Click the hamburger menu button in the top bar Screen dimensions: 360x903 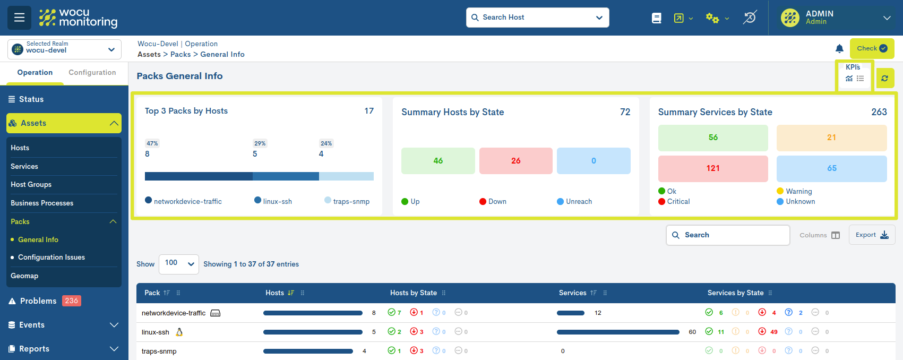coord(19,18)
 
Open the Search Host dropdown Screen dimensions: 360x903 coord(537,18)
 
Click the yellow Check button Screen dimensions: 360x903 coord(872,48)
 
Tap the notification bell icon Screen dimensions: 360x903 coord(839,49)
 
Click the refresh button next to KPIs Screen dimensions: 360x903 coord(884,78)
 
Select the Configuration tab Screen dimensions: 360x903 coord(92,73)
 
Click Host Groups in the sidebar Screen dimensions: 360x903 coord(31,185)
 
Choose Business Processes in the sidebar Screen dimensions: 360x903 coord(42,203)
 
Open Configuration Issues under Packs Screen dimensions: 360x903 coord(51,258)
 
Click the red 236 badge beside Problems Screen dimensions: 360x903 coord(71,301)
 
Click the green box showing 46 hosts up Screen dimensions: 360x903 coord(438,161)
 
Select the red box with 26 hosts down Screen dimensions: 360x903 coord(515,161)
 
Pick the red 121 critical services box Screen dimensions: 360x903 coord(712,168)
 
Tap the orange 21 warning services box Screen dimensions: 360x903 coord(831,138)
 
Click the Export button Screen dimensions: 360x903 coord(872,235)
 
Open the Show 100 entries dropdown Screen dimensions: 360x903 coord(178,264)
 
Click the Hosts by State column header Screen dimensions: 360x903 coord(414,293)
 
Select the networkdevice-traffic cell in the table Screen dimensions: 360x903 coord(174,313)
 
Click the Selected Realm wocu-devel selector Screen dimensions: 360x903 coord(64,49)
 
